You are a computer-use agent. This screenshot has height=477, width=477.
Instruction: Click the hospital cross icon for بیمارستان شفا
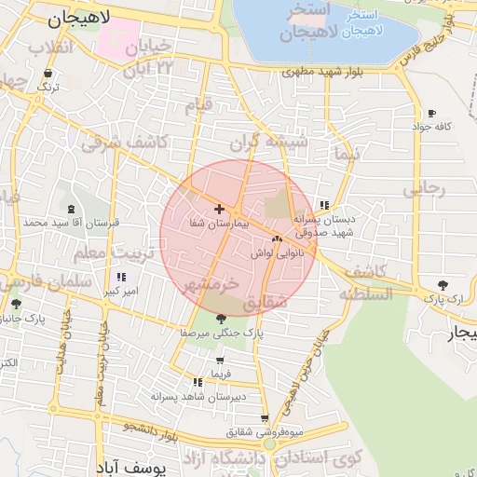[x=219, y=210]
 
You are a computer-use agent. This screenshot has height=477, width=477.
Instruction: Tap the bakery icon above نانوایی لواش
[x=277, y=239]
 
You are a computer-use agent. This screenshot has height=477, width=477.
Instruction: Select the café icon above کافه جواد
[x=431, y=113]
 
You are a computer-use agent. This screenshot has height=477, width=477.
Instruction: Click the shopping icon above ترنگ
[x=46, y=73]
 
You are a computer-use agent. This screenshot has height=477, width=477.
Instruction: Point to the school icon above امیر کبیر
[x=121, y=278]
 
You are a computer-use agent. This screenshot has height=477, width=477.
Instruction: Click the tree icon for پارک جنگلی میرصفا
[x=220, y=319]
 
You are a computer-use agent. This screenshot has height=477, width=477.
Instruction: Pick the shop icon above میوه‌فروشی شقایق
[x=265, y=418]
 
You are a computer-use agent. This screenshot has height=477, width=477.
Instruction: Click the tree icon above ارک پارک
[x=443, y=285]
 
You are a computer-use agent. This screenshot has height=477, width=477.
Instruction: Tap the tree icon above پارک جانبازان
[x=16, y=304]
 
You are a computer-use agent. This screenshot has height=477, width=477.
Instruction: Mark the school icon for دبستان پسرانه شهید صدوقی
[x=324, y=205]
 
